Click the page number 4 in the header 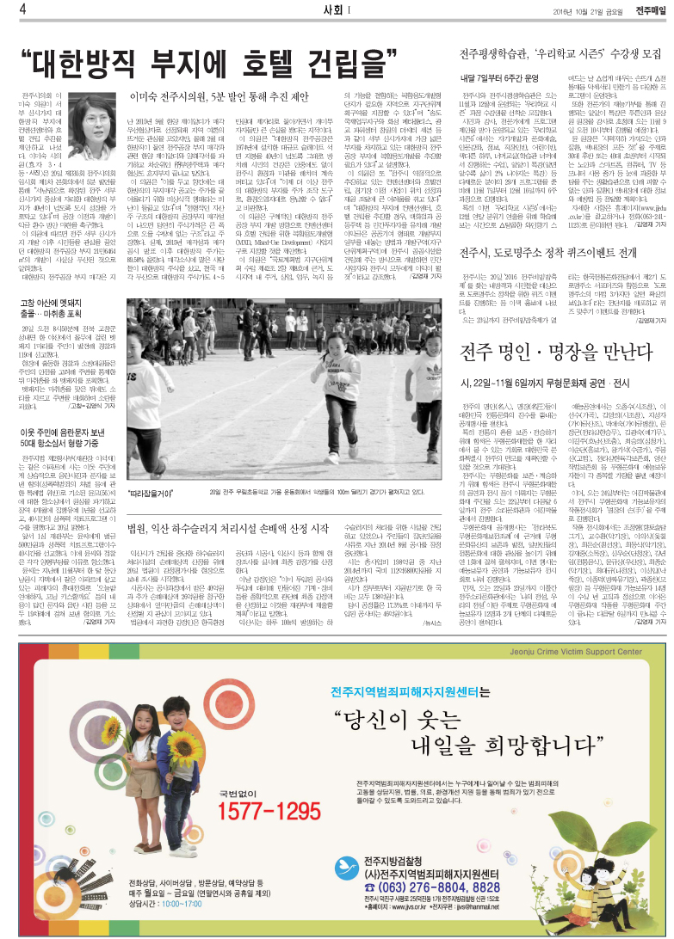[9, 9]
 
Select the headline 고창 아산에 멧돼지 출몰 [53, 308]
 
